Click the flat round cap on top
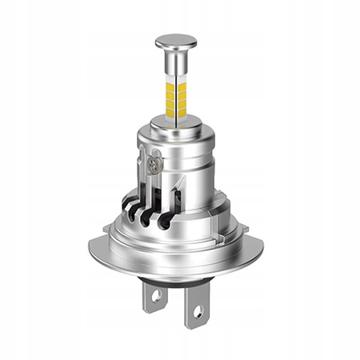pos(176,39)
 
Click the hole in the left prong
pos(155,295)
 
